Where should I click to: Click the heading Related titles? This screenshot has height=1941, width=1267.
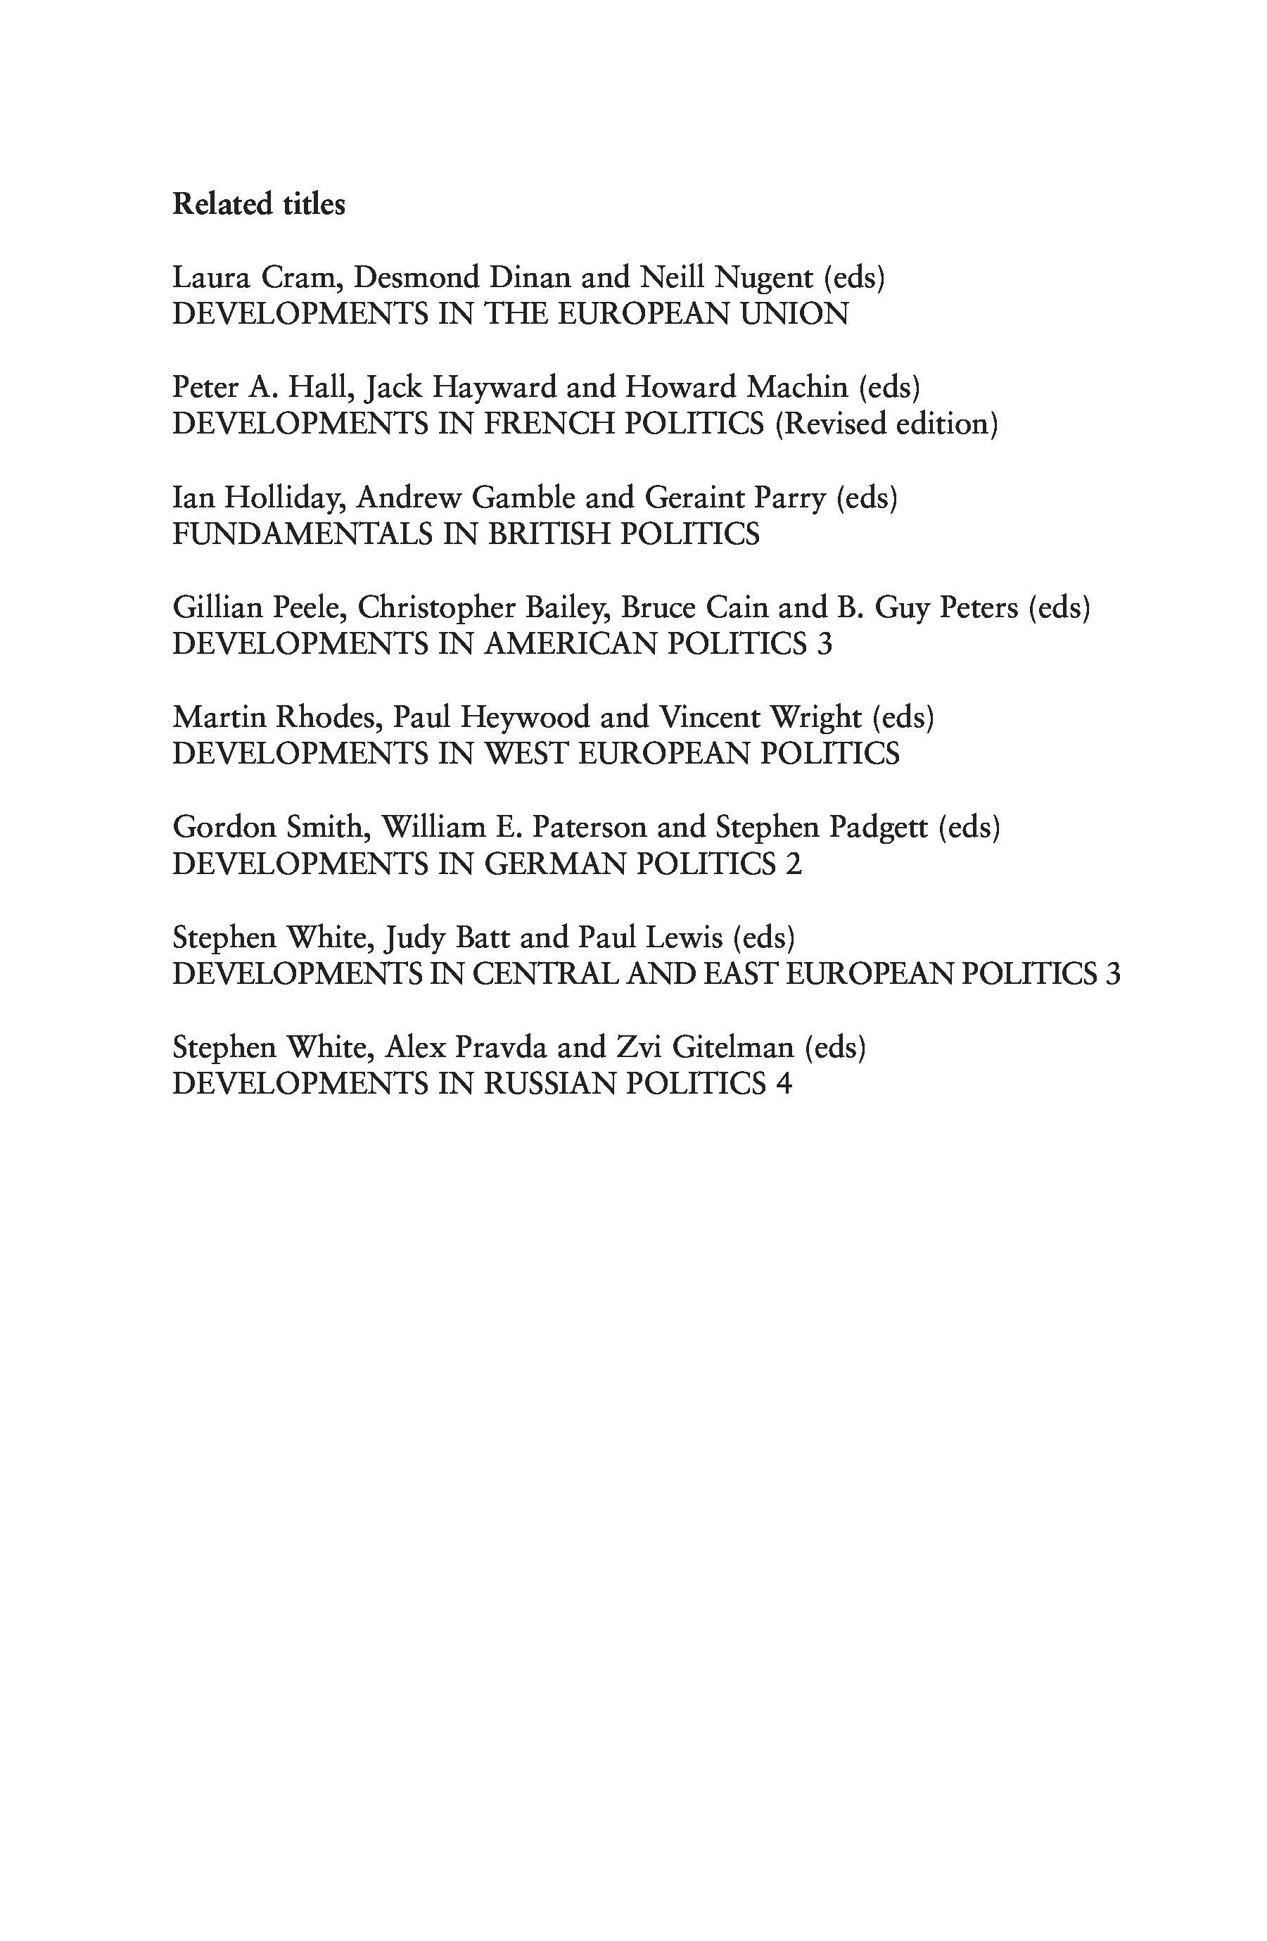258,204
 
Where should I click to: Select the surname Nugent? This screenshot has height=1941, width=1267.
764,278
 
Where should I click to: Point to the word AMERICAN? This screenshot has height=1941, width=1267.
570,644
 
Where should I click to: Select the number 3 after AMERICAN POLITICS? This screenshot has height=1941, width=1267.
824,644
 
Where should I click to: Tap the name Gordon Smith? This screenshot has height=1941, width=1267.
267,828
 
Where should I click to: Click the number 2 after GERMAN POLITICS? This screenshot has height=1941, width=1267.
794,864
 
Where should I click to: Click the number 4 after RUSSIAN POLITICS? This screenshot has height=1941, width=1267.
784,1084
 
